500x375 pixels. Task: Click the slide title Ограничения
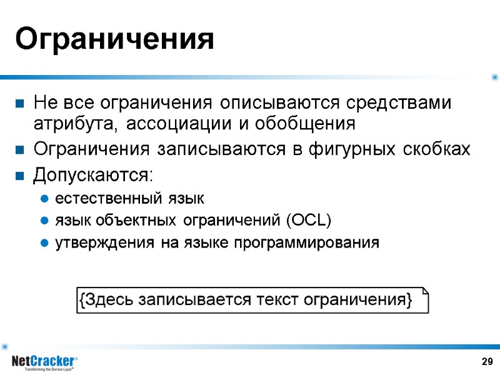pos(114,39)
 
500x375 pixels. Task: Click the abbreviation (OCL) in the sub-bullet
pos(308,221)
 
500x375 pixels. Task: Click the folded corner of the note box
pos(425,292)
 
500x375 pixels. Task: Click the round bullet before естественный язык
pos(44,200)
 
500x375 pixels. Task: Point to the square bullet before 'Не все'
pos(21,102)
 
